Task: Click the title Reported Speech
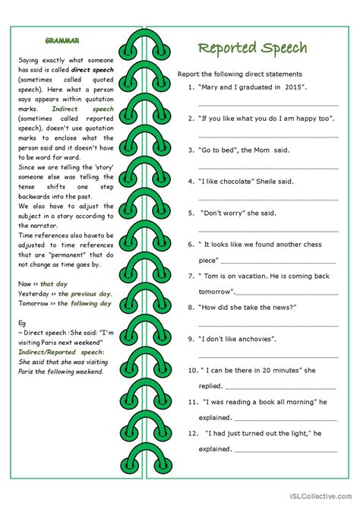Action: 252,48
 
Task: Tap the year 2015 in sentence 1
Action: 292,88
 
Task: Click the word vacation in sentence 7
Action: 258,276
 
